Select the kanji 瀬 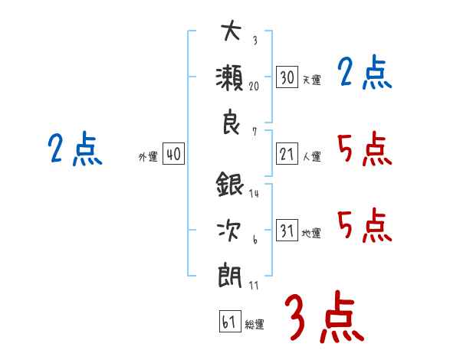point(229,77)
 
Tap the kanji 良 point(231,122)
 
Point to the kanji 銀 point(230,184)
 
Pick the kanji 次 point(229,231)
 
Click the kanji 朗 point(230,277)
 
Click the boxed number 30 point(287,77)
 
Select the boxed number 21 point(287,154)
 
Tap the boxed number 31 point(287,230)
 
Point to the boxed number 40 point(173,154)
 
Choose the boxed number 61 point(230,321)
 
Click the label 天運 point(312,80)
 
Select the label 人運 point(312,156)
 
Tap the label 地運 point(311,234)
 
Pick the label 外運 point(148,157)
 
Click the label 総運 point(255,325)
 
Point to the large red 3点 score point(324,316)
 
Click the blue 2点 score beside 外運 point(75,149)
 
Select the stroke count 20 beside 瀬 point(254,87)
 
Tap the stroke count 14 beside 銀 point(254,193)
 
